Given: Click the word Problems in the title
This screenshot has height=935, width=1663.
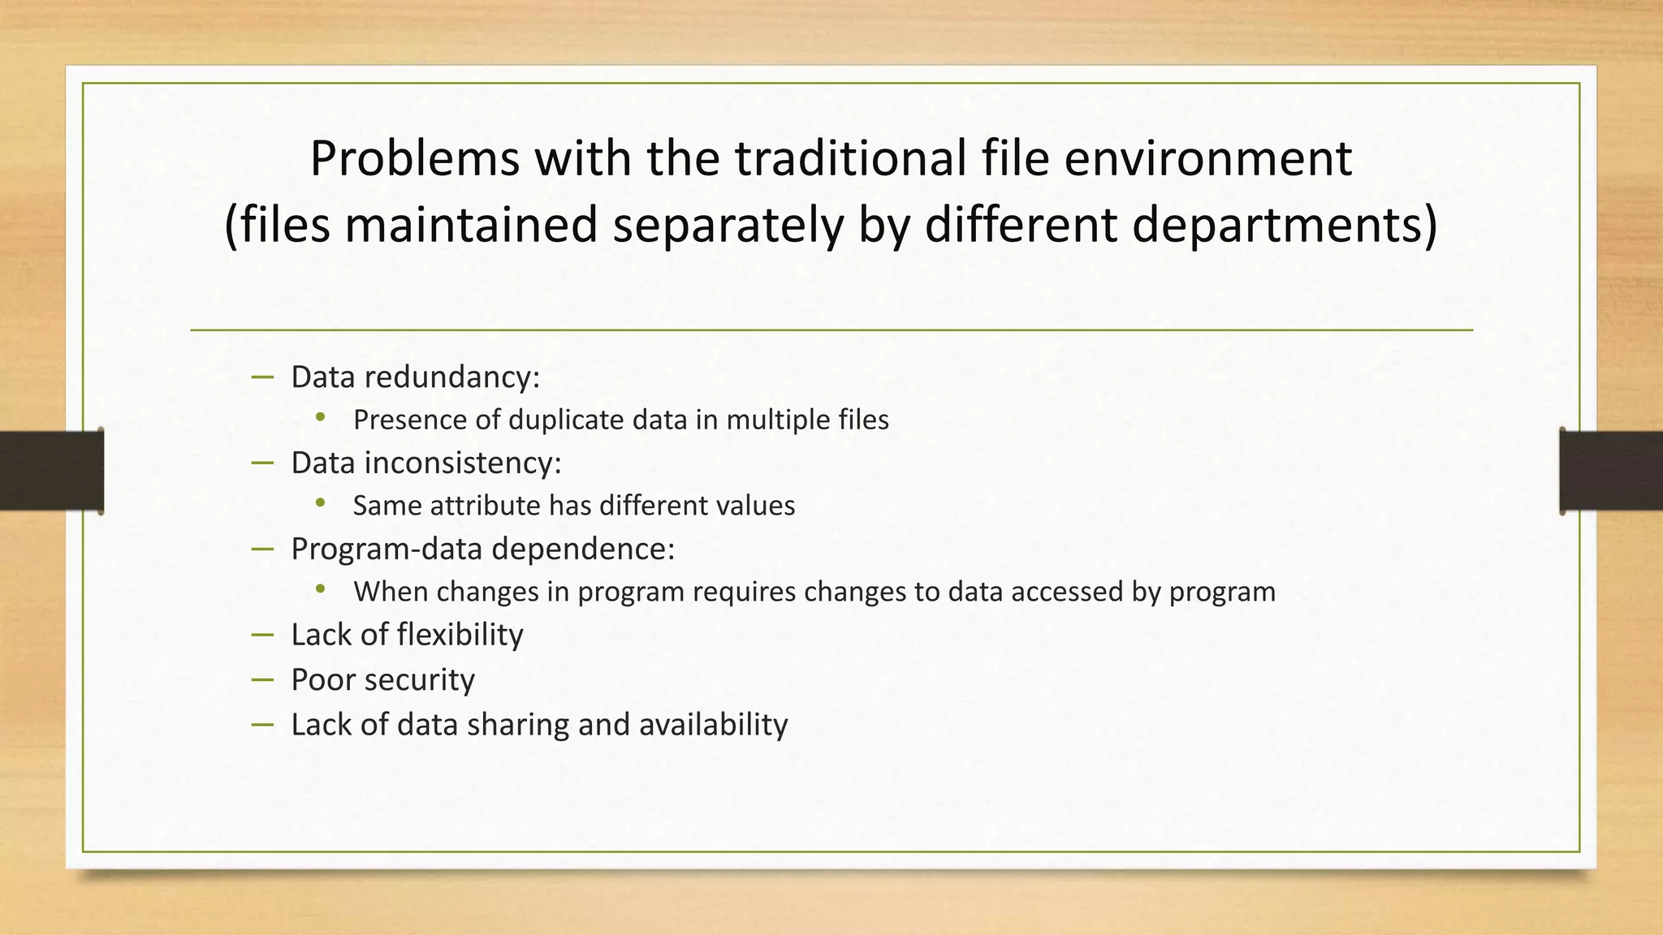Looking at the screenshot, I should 414,159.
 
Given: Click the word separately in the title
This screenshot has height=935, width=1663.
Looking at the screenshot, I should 728,226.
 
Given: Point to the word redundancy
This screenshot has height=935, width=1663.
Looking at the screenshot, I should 451,377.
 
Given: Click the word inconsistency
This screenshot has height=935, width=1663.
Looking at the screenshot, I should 462,463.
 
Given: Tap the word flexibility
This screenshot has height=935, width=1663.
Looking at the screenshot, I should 460,635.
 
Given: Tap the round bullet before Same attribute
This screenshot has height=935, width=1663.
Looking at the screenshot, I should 321,504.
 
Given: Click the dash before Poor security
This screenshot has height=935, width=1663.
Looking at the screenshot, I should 262,679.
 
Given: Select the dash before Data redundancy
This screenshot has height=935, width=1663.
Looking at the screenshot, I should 262,377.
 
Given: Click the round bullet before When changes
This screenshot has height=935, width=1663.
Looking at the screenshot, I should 321,590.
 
